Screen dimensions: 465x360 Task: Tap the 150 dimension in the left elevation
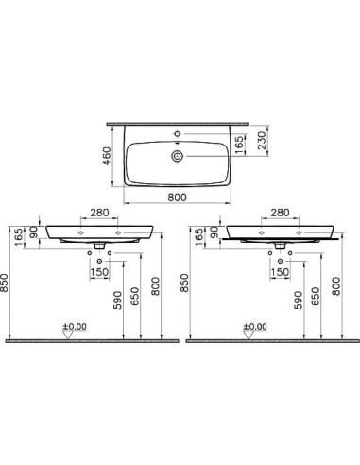(98, 274)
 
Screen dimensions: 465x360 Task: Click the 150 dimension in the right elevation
(280, 274)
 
